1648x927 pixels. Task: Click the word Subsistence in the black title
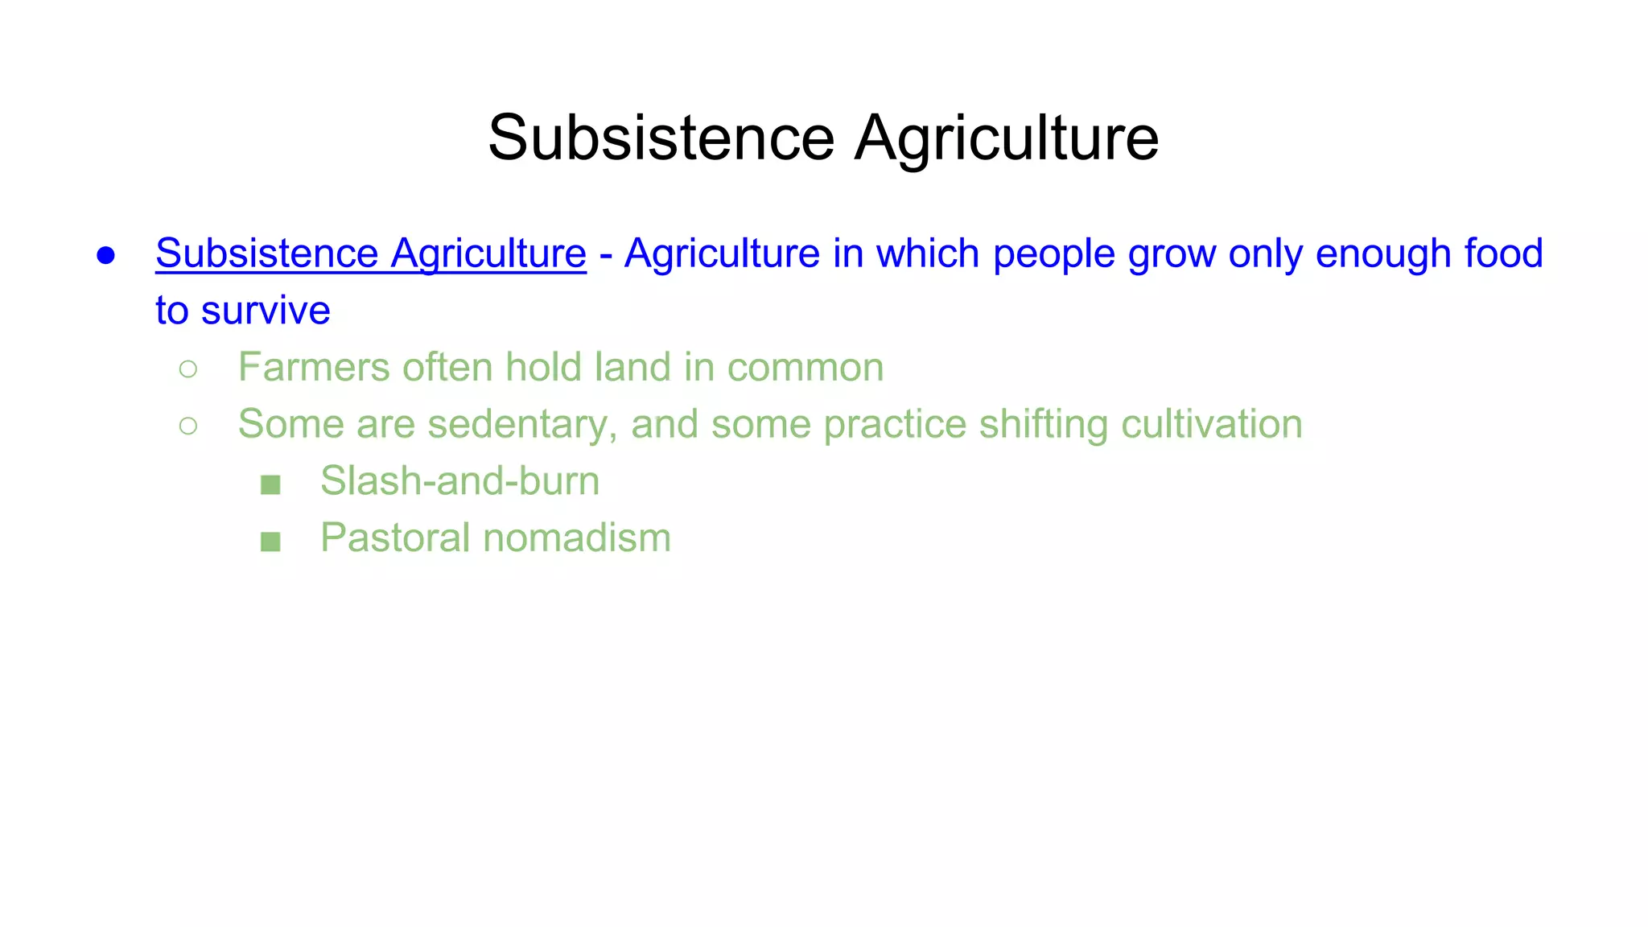click(x=661, y=138)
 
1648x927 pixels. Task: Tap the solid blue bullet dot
click(x=105, y=256)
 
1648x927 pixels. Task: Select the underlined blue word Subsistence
click(x=266, y=253)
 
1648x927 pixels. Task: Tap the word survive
click(x=266, y=311)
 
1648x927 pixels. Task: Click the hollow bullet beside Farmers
click(x=188, y=369)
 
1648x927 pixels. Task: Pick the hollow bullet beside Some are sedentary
click(x=188, y=426)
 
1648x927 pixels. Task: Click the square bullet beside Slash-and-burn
click(x=270, y=484)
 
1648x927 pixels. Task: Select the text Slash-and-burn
click(x=459, y=481)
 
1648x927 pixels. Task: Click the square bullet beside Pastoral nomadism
click(x=270, y=542)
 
